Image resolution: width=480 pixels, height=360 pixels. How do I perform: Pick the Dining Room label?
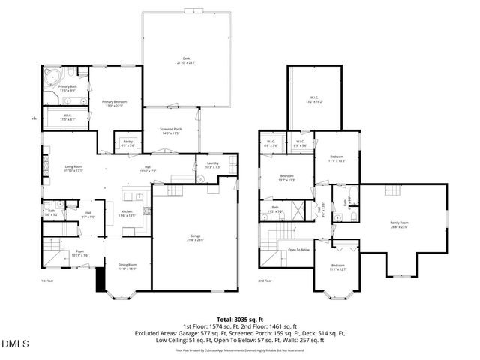127,266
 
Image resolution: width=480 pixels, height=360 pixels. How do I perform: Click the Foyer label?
79,254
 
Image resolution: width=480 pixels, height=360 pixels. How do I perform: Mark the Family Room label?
398,224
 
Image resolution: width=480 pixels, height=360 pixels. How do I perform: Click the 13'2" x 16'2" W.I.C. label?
315,99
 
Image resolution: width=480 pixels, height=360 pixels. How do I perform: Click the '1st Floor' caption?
48,280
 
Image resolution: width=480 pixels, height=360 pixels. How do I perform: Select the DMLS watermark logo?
14,343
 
